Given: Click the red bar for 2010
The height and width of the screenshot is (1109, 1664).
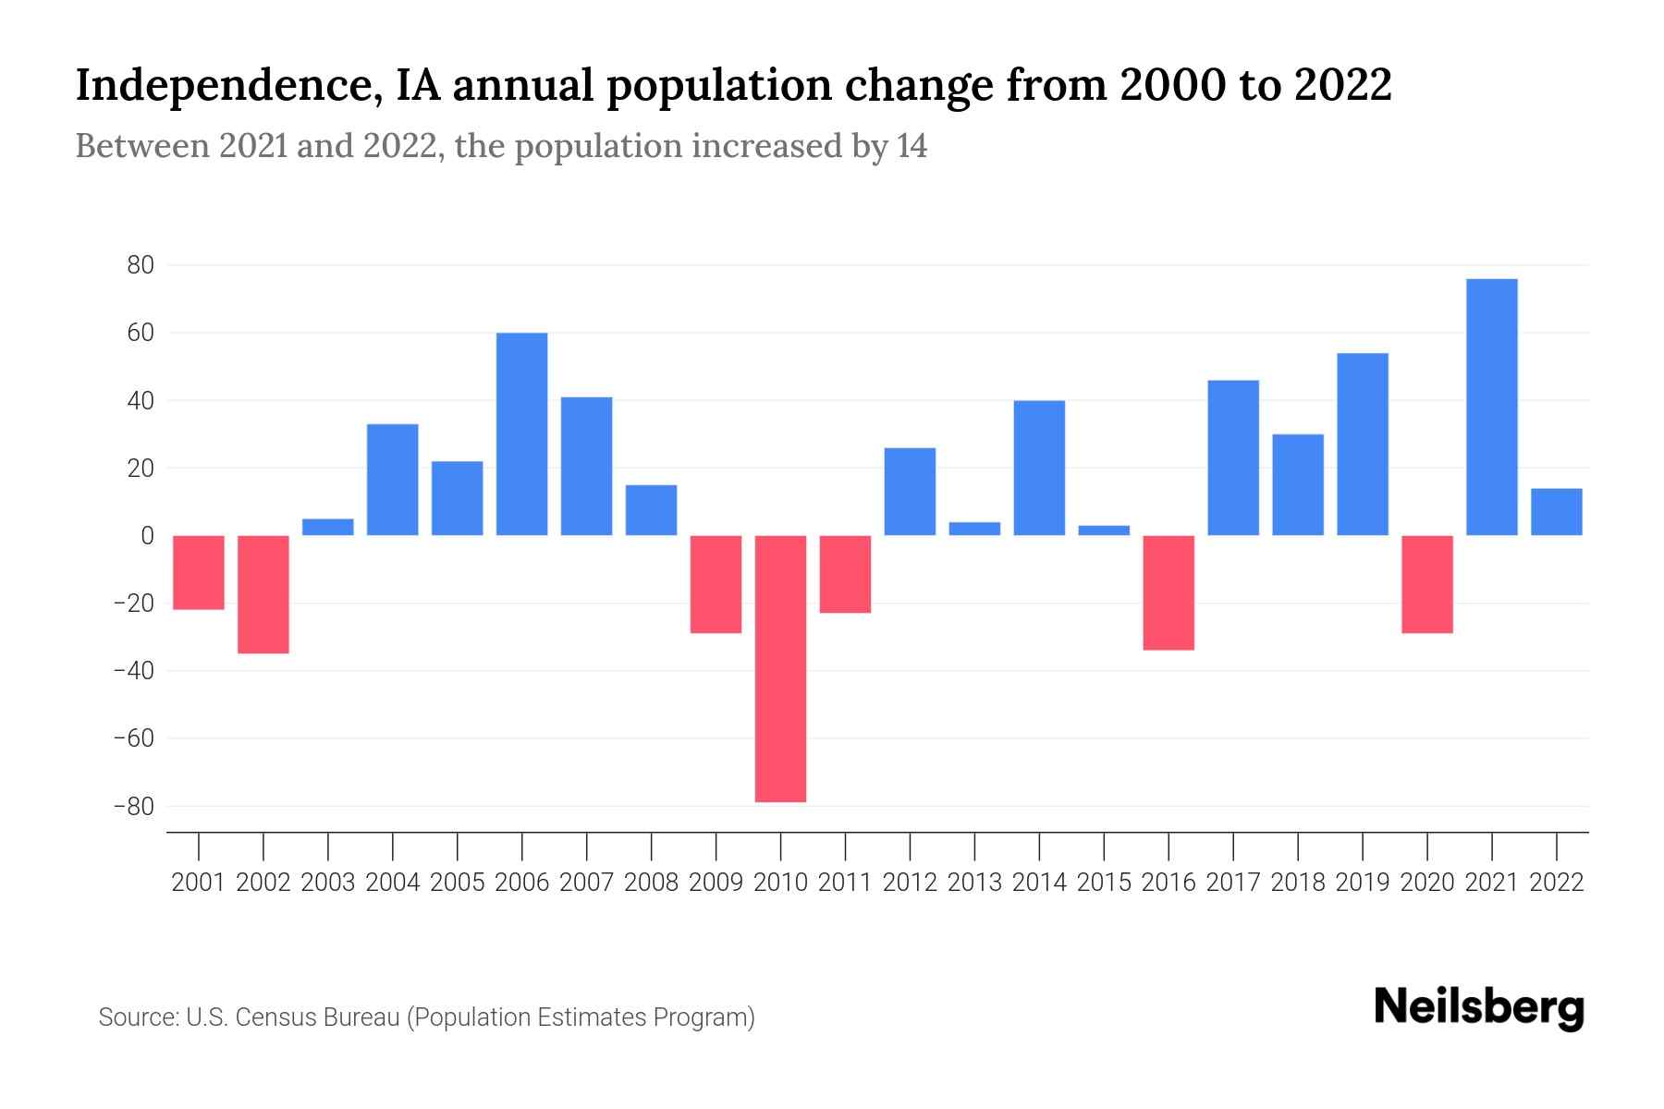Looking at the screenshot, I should [x=780, y=668].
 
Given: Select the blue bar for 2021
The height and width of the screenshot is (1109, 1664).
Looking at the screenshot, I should [x=1491, y=407].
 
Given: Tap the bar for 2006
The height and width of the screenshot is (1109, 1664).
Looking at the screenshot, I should [x=521, y=433].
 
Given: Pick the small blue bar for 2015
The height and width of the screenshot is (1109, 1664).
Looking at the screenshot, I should [x=1104, y=530].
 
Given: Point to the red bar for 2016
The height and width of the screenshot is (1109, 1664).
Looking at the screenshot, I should [x=1168, y=592].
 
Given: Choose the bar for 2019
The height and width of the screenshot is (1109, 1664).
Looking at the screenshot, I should [x=1363, y=444].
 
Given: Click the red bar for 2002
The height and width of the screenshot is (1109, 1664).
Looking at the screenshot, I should [x=263, y=594].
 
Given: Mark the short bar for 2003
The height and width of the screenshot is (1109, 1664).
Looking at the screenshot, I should [x=328, y=527].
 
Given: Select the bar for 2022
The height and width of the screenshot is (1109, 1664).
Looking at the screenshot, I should [x=1556, y=512].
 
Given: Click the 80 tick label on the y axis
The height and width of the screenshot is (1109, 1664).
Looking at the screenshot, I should [x=141, y=265].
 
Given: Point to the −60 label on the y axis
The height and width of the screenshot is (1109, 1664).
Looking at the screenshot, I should [x=133, y=738].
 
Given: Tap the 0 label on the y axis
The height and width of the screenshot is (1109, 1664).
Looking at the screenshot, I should [x=147, y=536].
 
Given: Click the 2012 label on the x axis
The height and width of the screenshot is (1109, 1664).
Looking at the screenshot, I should [x=910, y=883].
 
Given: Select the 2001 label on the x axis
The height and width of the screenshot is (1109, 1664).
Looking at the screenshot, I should [x=199, y=883].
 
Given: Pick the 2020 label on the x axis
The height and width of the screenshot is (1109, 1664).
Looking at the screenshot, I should [x=1427, y=883].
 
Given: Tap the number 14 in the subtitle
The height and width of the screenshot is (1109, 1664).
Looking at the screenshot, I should [x=912, y=146].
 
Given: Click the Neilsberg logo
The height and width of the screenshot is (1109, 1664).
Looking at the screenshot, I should [x=1479, y=1007].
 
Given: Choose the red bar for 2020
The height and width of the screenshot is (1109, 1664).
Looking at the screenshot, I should [x=1426, y=584].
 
